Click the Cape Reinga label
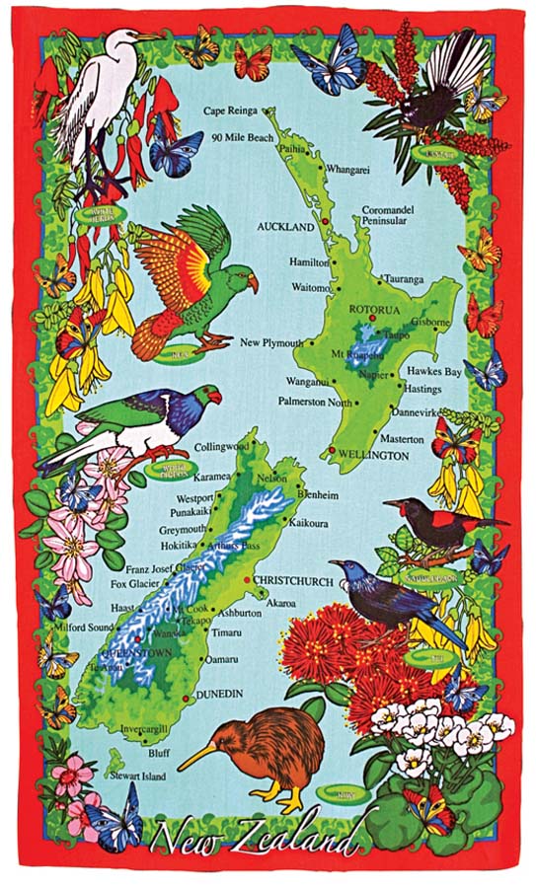pos(230,111)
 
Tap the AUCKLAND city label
pos(284,226)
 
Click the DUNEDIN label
pos(219,695)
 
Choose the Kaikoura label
pos(308,523)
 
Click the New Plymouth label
pos(270,342)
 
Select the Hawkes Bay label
pos(435,372)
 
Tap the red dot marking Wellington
pos(330,450)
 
